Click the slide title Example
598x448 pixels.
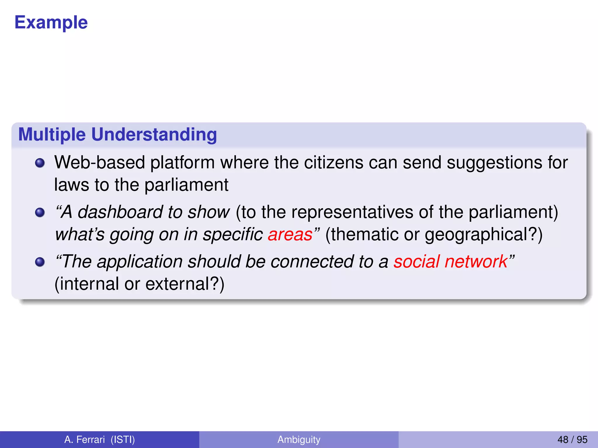point(51,22)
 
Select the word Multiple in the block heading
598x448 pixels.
point(52,134)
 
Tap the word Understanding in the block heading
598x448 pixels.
point(154,134)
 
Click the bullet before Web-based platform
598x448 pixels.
point(40,163)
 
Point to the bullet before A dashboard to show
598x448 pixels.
point(40,212)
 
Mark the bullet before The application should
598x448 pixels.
point(40,262)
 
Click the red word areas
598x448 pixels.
point(290,235)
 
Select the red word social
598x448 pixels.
point(417,261)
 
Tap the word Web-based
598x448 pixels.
point(100,162)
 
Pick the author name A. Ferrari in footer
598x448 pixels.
point(84,440)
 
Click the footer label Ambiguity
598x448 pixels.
point(299,440)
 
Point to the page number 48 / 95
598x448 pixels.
point(572,440)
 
